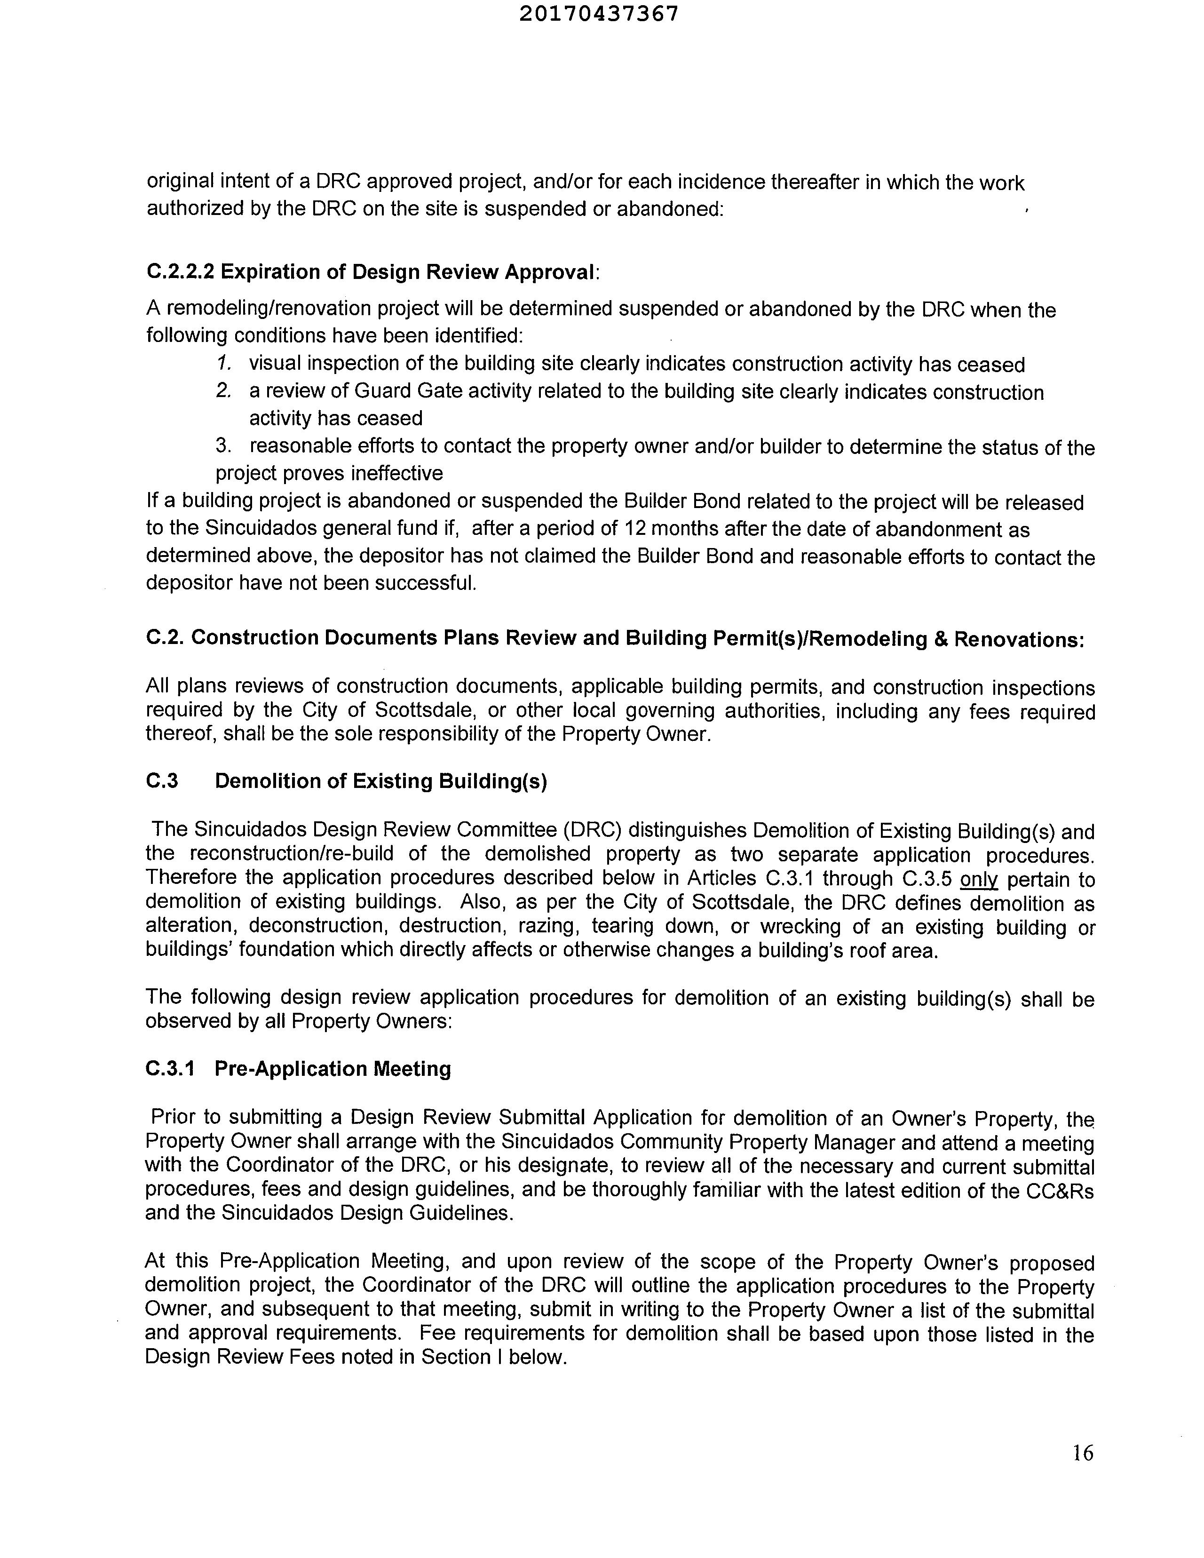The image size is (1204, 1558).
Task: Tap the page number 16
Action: [1082, 1453]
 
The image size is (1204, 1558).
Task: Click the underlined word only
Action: [979, 880]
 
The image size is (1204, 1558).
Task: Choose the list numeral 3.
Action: [224, 446]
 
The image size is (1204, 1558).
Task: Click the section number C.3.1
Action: [170, 1069]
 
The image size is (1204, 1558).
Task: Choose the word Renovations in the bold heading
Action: [1019, 639]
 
